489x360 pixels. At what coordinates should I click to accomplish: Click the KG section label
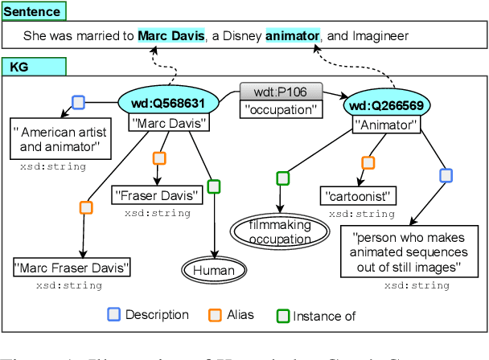[x=17, y=67]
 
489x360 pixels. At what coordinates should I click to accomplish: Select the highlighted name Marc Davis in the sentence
[x=171, y=36]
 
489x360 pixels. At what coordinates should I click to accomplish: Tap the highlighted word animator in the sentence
[x=292, y=36]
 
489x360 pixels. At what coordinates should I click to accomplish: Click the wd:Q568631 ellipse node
[x=167, y=103]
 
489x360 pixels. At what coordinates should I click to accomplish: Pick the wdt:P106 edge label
[x=280, y=91]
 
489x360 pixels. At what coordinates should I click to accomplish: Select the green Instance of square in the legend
[x=281, y=315]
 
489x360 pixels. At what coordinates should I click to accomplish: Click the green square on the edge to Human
[x=213, y=186]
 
